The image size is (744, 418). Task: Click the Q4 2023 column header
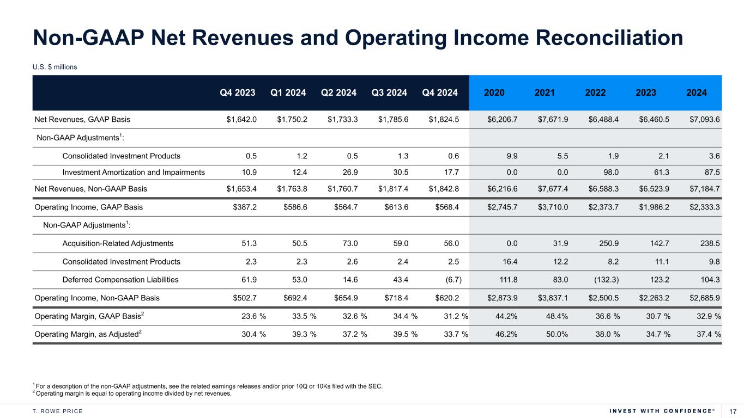pyautogui.click(x=237, y=93)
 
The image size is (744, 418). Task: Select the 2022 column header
pyautogui.click(x=595, y=93)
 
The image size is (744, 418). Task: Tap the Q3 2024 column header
pyautogui.click(x=389, y=93)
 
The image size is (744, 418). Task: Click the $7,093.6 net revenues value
pyautogui.click(x=704, y=119)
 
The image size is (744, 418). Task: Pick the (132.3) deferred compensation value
pyautogui.click(x=602, y=280)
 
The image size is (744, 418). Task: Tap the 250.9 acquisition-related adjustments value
pyautogui.click(x=608, y=244)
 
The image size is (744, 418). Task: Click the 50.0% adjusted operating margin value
pyautogui.click(x=556, y=334)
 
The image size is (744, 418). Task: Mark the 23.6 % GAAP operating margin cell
pyautogui.click(x=253, y=316)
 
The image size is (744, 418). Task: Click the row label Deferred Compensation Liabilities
pyautogui.click(x=120, y=280)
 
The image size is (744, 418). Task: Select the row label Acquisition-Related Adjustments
pyautogui.click(x=118, y=244)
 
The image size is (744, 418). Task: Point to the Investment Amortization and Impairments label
pyautogui.click(x=134, y=173)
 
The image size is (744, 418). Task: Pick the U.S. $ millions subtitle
pyautogui.click(x=55, y=67)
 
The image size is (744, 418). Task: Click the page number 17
pyautogui.click(x=732, y=411)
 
